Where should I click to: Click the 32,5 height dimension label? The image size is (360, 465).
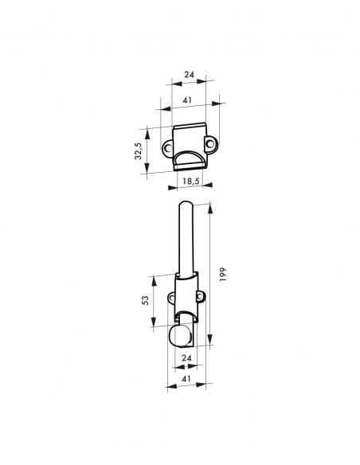[x=138, y=151]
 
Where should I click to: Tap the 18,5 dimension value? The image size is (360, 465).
[x=190, y=182]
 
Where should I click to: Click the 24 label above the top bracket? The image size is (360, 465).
[x=190, y=73]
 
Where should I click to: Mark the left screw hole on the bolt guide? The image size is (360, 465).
[x=171, y=299]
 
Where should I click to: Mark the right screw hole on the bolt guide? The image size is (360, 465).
[x=199, y=299]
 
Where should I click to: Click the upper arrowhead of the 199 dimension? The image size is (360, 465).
[x=210, y=207]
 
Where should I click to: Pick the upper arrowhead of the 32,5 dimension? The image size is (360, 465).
[x=147, y=129]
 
